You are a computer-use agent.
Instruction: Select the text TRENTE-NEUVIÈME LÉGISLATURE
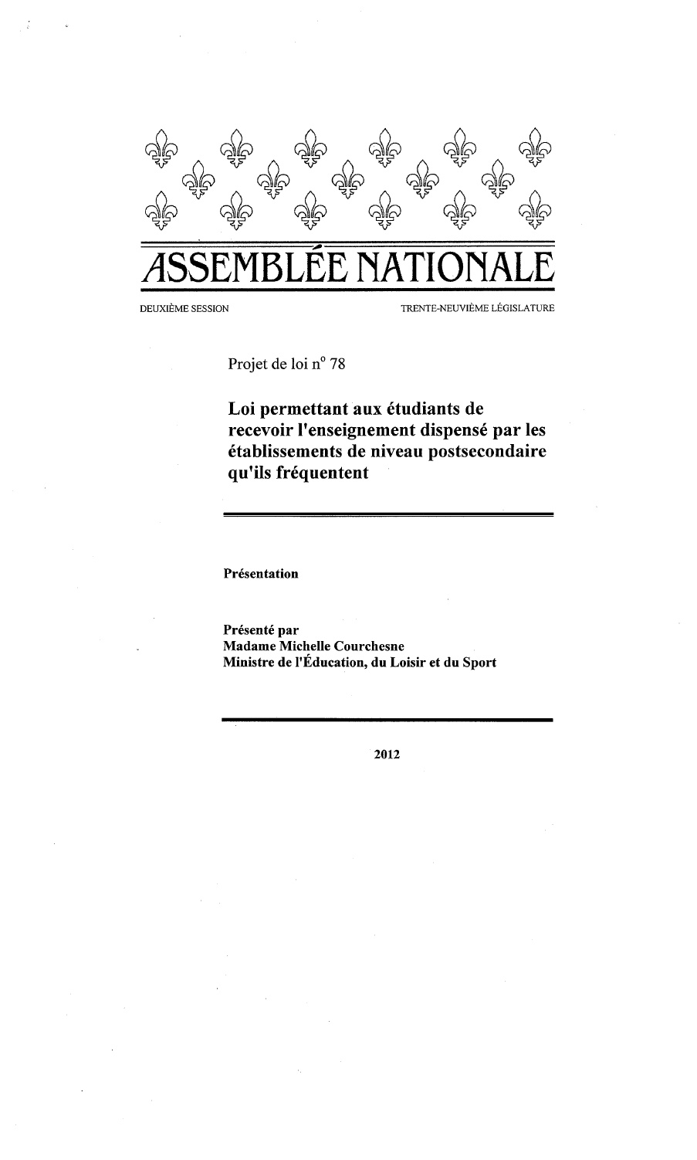(477, 310)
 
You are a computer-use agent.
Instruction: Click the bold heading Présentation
(260, 574)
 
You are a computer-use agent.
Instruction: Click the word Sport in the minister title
(480, 663)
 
